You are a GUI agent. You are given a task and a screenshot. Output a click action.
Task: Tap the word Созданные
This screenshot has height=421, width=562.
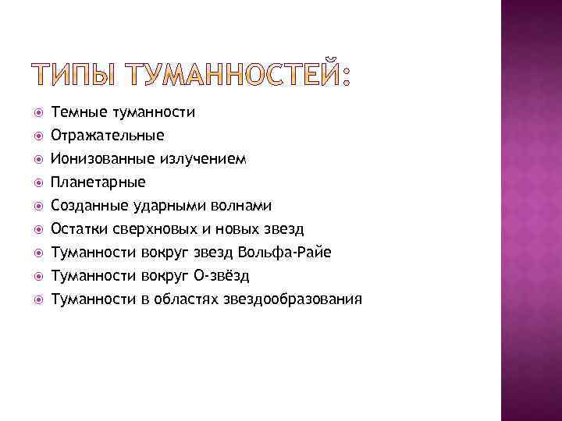91,206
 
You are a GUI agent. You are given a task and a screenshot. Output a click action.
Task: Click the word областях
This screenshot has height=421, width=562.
190,299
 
